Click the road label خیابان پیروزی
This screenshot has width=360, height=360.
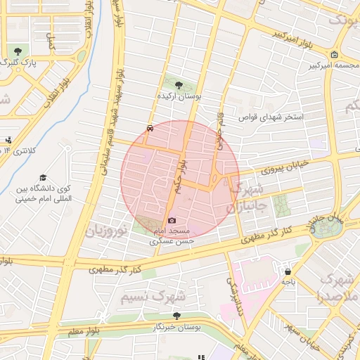pos(285,168)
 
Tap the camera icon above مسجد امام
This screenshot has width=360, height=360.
pos(172,220)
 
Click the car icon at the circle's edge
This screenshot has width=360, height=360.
pos(150,129)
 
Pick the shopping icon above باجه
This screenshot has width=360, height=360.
pos(288,271)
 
